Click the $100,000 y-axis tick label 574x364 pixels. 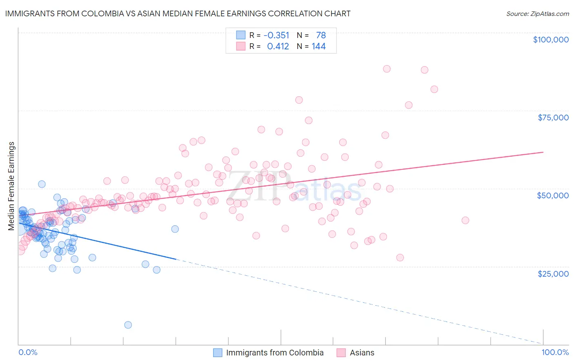(x=551, y=40)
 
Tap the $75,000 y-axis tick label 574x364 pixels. (x=553, y=118)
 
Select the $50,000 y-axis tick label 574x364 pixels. (x=553, y=195)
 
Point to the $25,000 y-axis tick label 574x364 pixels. (x=553, y=273)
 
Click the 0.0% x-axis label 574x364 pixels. (x=28, y=352)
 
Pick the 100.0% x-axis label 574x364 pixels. (x=555, y=352)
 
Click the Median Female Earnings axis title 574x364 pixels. (x=11, y=186)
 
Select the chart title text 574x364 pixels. (x=178, y=13)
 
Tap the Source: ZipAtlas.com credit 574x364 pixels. (x=537, y=13)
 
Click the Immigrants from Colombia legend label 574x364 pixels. (x=275, y=353)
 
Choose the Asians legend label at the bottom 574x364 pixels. (x=362, y=353)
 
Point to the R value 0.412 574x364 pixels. (x=278, y=47)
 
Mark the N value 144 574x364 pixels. (x=318, y=47)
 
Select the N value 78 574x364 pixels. (x=321, y=36)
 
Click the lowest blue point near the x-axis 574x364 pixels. (x=128, y=325)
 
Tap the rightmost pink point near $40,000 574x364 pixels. (x=465, y=220)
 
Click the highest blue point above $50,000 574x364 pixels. (x=42, y=184)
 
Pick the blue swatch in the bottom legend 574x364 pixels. (x=218, y=353)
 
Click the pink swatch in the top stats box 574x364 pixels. (x=241, y=46)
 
